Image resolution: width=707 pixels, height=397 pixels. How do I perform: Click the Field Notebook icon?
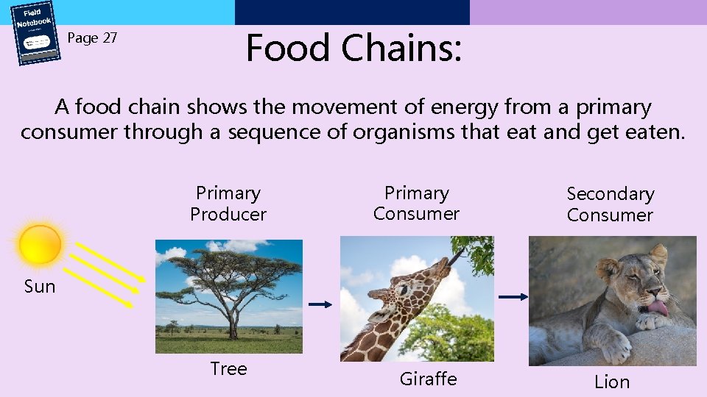tap(35, 33)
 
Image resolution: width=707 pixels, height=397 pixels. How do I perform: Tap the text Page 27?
tap(92, 38)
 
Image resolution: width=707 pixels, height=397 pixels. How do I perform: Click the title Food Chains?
tap(353, 48)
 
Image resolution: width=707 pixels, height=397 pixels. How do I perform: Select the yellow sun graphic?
tap(41, 244)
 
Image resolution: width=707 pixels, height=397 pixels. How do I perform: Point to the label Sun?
tap(40, 287)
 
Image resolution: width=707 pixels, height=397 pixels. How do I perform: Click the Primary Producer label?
tap(228, 204)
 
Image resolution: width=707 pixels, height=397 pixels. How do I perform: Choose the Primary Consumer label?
tap(416, 204)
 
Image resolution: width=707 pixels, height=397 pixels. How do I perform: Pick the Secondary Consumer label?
tap(610, 204)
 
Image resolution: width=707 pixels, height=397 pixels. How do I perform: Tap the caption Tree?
tap(228, 368)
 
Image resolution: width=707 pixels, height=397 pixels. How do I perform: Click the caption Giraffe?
tap(428, 379)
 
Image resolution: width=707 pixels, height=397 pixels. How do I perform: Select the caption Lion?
tap(612, 382)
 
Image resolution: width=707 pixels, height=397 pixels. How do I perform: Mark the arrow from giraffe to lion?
tap(513, 297)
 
